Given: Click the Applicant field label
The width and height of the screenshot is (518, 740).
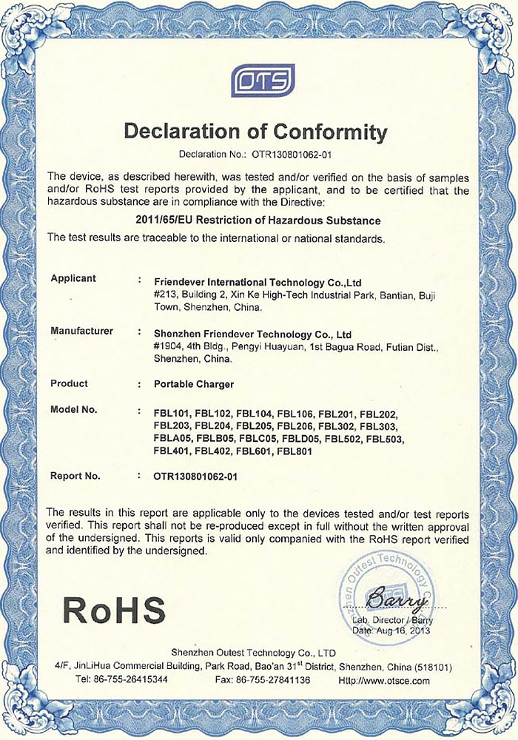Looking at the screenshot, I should coord(73,278).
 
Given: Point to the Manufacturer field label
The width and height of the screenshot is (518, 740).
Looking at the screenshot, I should coord(81,331).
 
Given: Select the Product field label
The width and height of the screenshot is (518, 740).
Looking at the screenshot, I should coord(69,383).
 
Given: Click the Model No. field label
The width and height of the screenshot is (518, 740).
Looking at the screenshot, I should coord(73,409).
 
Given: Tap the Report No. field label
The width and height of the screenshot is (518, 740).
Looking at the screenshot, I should coord(75,476).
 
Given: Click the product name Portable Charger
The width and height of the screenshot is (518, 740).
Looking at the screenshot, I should coord(193,384).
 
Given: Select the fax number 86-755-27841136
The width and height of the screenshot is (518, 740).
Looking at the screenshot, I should coord(279,679).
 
